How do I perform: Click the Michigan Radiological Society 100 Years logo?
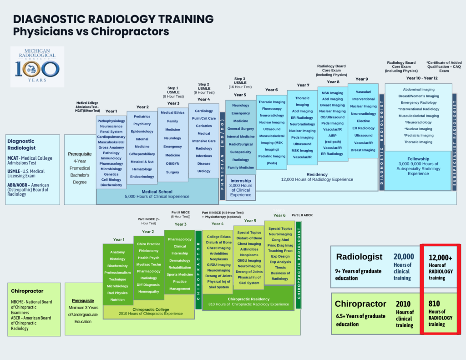tap(37, 66)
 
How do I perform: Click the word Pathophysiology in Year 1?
tap(111, 121)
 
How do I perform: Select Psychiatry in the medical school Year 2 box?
tap(142, 124)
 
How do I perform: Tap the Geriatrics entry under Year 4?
tap(204, 126)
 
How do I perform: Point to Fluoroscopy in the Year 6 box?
tap(272, 109)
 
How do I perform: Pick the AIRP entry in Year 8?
tap(332, 136)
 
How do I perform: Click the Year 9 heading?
tap(362, 79)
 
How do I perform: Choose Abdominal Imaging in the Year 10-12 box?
tap(419, 90)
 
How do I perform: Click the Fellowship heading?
tap(418, 158)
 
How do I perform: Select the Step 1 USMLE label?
tap(173, 92)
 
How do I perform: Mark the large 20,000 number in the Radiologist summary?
tap(404, 257)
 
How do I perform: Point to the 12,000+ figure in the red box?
tap(441, 258)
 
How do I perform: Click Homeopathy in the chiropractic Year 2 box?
tap(148, 291)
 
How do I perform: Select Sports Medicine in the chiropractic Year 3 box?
tap(180, 274)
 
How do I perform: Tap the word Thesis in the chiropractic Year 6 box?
tap(280, 268)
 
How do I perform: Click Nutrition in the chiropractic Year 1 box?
tap(117, 299)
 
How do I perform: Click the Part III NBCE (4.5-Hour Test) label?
tap(223, 213)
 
